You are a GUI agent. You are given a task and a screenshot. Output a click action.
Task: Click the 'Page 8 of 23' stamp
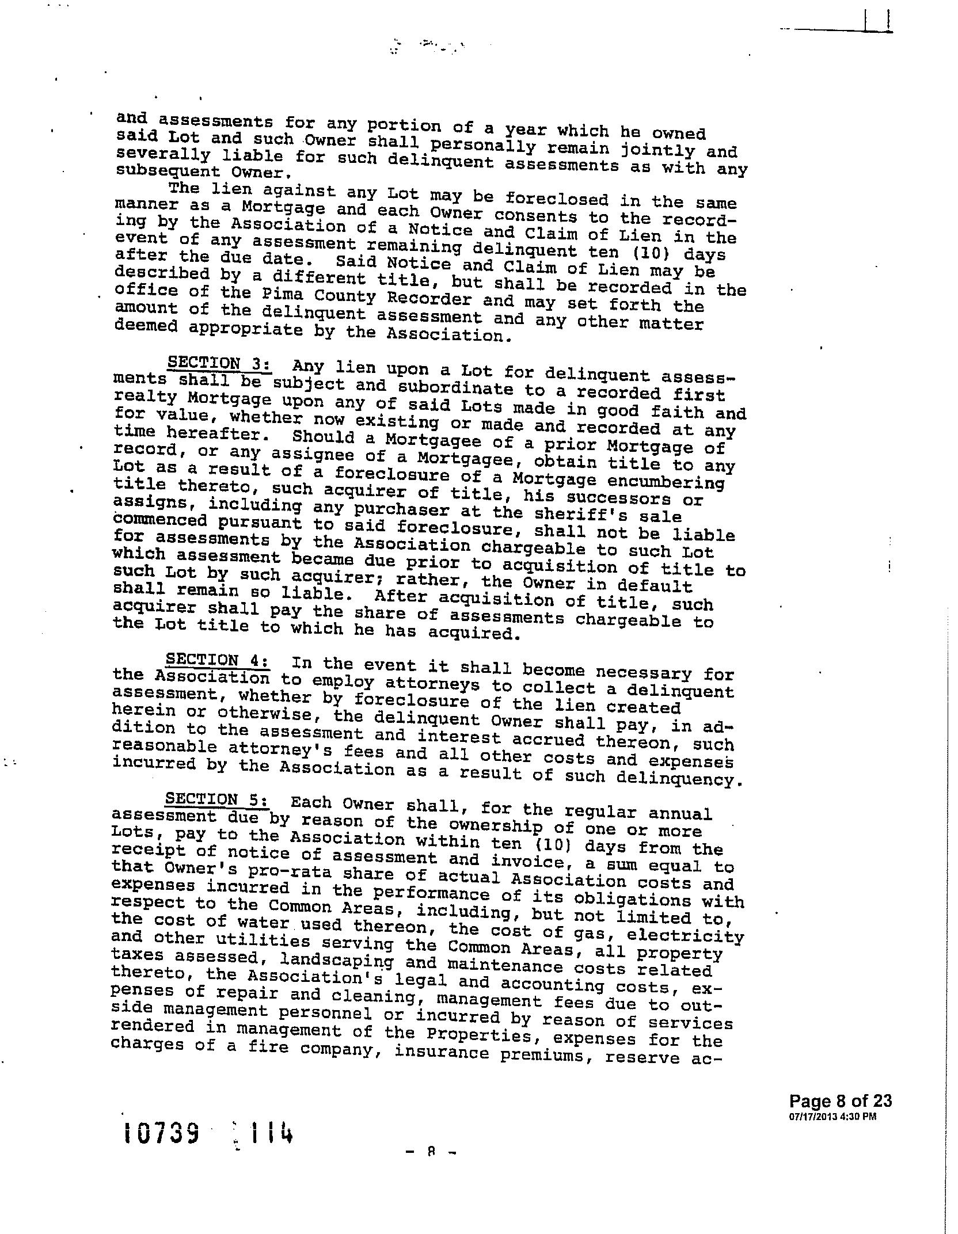pyautogui.click(x=840, y=1101)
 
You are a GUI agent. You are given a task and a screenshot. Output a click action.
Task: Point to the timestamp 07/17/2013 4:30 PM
pyautogui.click(x=832, y=1117)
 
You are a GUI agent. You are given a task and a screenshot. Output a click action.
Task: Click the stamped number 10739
pyautogui.click(x=161, y=1134)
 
